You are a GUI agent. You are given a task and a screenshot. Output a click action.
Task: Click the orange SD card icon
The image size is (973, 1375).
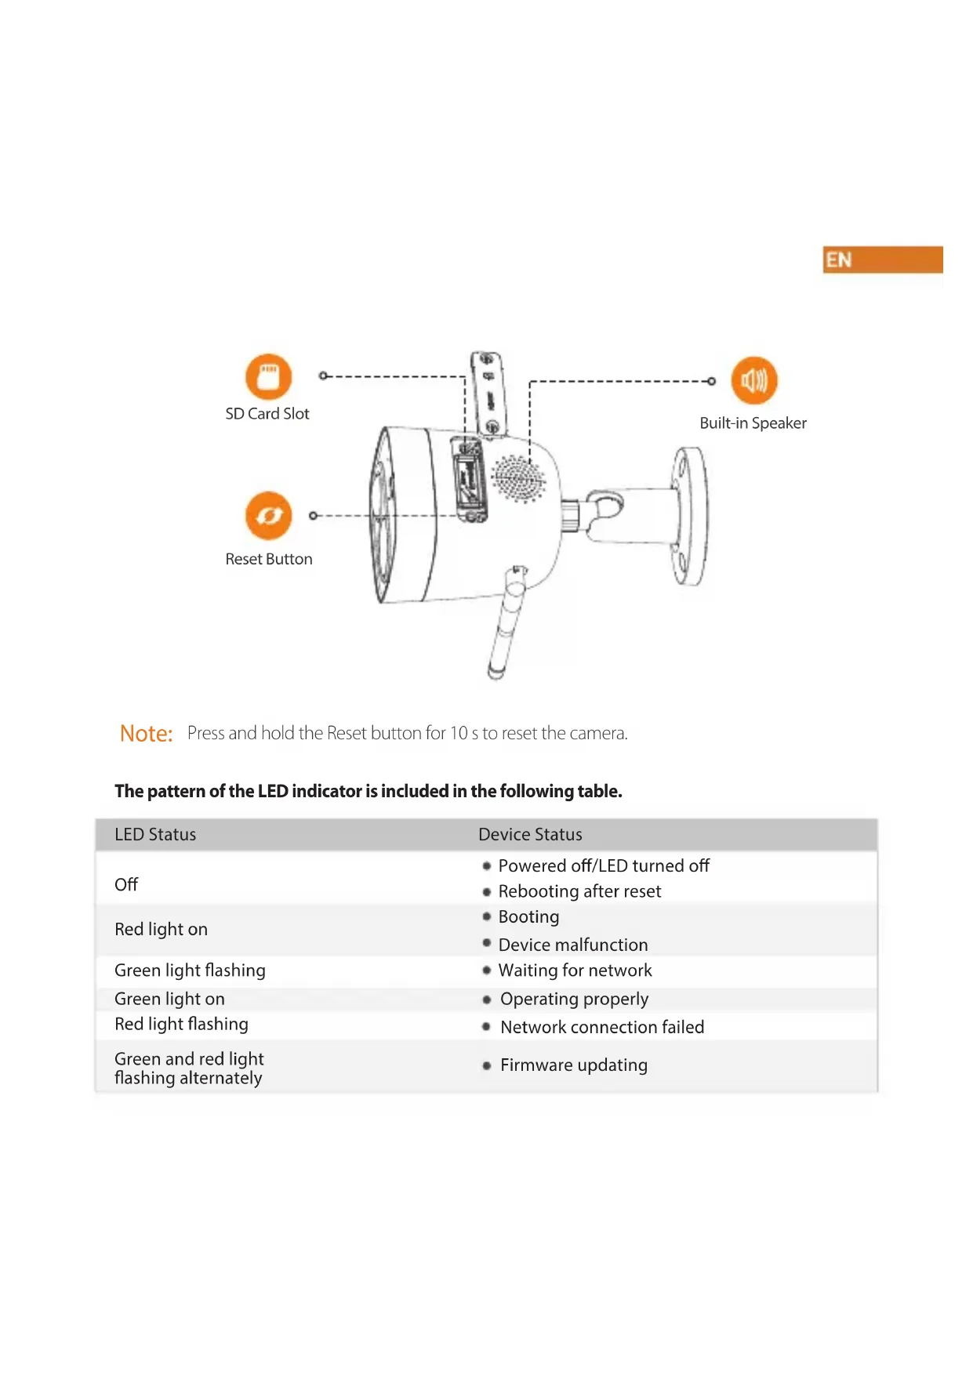click(x=268, y=377)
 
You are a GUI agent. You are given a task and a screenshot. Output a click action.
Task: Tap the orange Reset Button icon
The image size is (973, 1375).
click(x=268, y=516)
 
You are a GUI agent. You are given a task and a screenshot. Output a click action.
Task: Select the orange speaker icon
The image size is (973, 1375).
click(x=753, y=381)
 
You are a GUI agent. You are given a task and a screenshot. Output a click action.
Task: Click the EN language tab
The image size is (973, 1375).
click(x=882, y=260)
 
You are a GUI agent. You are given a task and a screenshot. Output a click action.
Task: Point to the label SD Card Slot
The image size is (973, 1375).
click(x=267, y=414)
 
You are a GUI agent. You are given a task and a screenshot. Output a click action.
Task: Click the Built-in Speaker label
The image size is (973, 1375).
click(x=753, y=423)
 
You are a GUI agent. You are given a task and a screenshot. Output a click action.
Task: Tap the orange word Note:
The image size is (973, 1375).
click(x=146, y=734)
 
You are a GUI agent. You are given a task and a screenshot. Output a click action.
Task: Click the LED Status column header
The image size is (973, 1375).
click(x=155, y=835)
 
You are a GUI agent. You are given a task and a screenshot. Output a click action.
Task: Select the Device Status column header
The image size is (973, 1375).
click(x=530, y=835)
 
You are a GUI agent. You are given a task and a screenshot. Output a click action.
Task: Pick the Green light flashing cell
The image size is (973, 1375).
click(x=190, y=970)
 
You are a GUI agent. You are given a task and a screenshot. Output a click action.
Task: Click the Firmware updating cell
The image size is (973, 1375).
click(x=574, y=1065)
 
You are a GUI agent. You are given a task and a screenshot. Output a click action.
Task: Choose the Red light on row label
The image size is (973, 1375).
click(x=161, y=930)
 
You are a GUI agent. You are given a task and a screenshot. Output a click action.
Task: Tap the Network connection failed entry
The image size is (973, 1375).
click(x=602, y=1027)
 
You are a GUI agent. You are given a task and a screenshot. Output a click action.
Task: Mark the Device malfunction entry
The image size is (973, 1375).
click(x=573, y=945)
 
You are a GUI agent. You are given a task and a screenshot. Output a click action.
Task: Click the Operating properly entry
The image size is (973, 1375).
click(x=574, y=999)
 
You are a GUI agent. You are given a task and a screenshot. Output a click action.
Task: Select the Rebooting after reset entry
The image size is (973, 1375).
click(x=579, y=891)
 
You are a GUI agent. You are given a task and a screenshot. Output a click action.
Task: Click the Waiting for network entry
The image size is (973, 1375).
click(x=575, y=970)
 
